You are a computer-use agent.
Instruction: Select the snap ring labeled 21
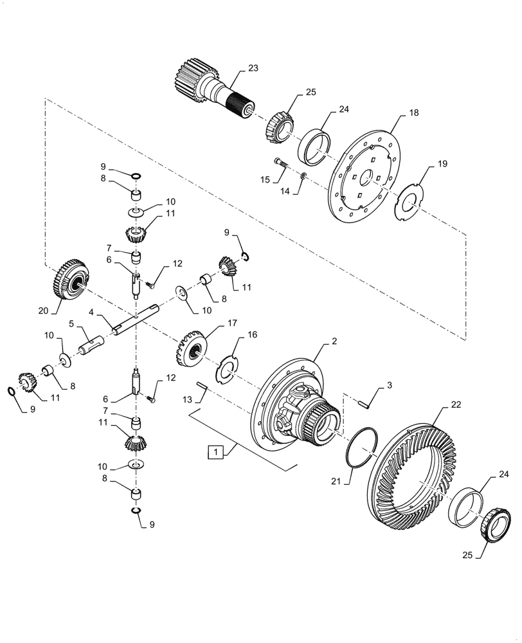coord(359,446)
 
